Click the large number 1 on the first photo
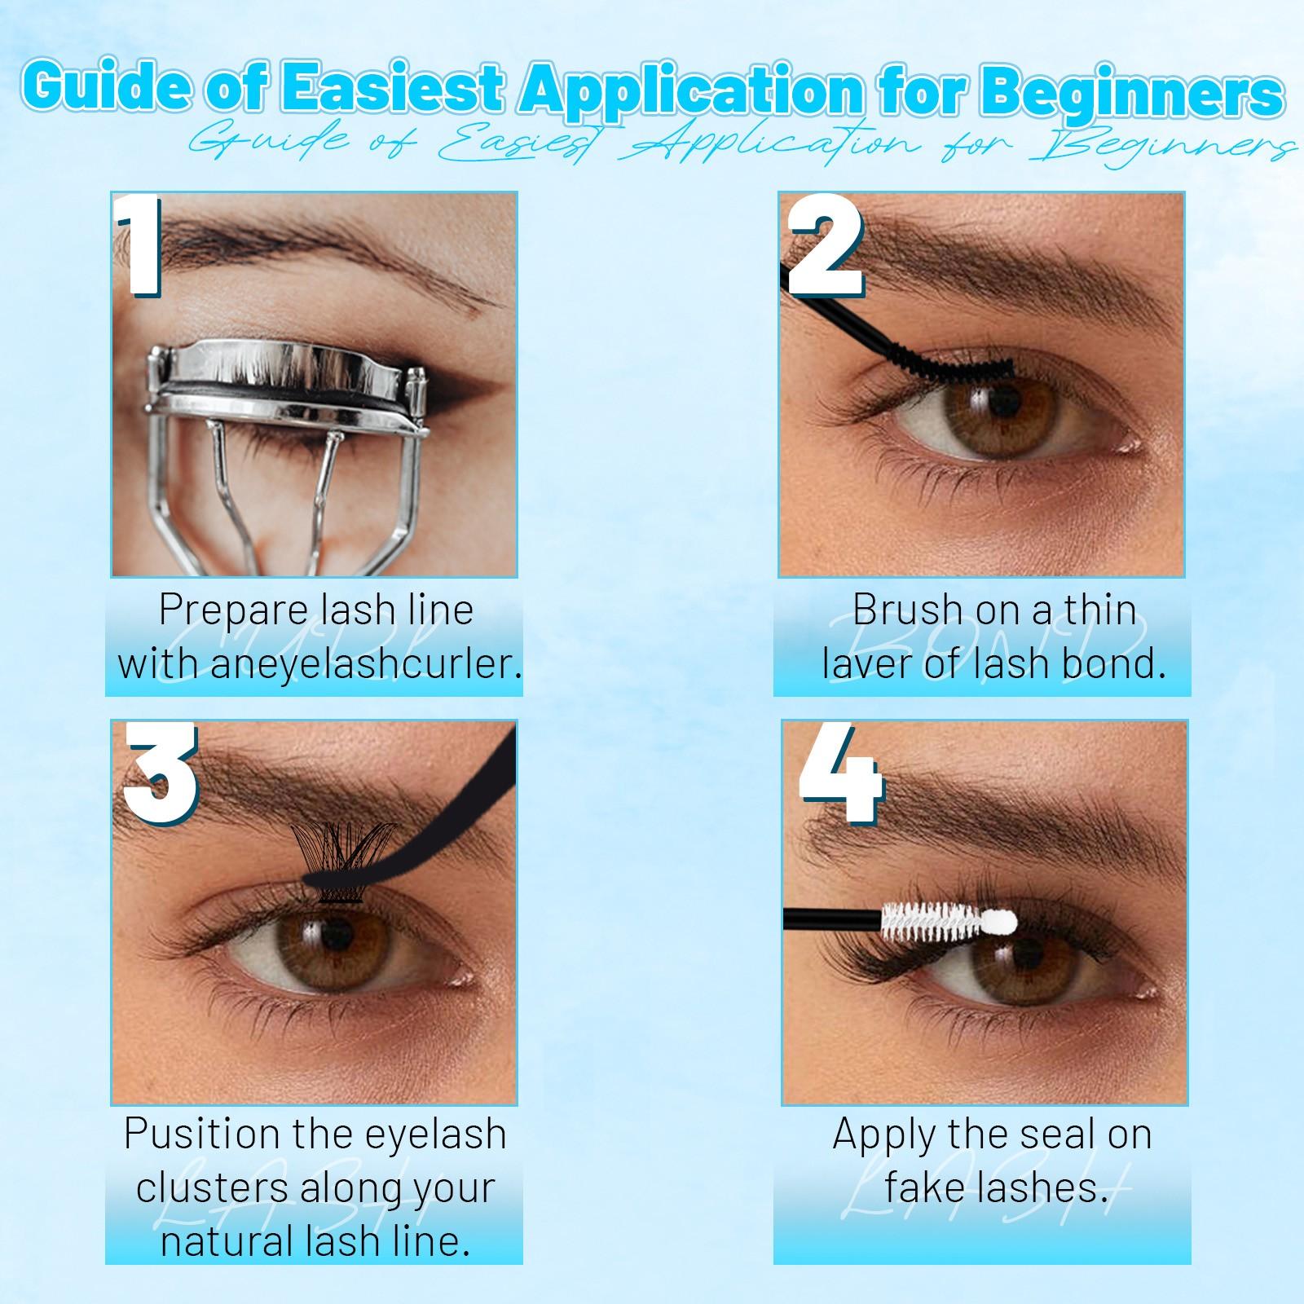point(140,246)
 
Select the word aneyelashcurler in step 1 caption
point(366,663)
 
